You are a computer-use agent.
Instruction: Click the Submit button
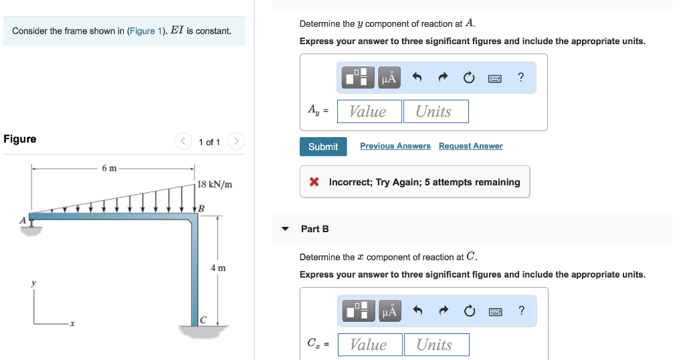pos(323,147)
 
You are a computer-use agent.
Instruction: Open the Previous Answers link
pos(395,146)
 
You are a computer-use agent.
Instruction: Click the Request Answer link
pos(470,146)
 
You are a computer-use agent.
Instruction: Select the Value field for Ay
pos(369,111)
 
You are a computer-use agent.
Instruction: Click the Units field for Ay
pos(435,111)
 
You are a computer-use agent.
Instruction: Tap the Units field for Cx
pos(436,345)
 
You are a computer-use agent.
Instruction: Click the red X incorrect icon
pos(314,182)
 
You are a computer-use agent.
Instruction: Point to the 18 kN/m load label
pos(215,184)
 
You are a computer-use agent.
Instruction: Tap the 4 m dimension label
pos(218,268)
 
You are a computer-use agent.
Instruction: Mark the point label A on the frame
pos(23,219)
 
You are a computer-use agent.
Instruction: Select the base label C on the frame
pos(203,321)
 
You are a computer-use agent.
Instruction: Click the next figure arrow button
pos(235,141)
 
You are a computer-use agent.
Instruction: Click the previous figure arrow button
pos(183,141)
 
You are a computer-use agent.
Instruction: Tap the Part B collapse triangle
pos(286,229)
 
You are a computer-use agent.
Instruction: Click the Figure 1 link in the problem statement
pos(146,31)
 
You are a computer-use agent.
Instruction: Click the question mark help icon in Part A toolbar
pos(520,78)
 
